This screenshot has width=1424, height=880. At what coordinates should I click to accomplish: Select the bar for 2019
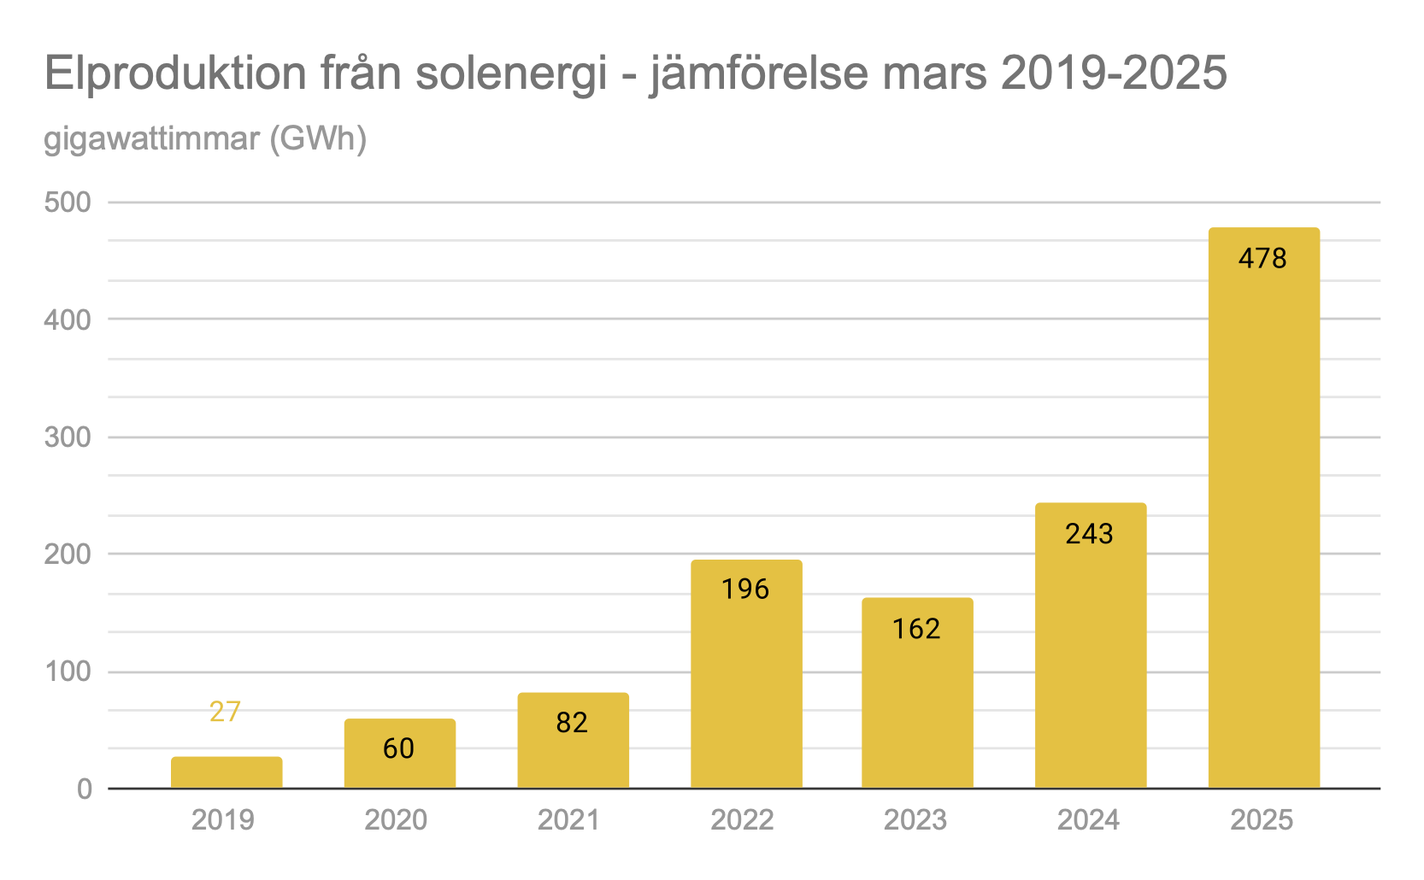click(x=227, y=772)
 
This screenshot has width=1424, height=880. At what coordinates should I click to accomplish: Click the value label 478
click(x=1262, y=258)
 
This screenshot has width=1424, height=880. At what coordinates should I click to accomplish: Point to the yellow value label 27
click(x=226, y=711)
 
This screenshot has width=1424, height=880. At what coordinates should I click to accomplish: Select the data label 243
click(x=1089, y=534)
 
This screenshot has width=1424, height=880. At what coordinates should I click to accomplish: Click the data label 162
click(x=916, y=629)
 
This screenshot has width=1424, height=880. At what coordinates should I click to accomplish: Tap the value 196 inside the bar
click(x=745, y=589)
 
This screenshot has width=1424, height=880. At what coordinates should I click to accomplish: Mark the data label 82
click(x=572, y=723)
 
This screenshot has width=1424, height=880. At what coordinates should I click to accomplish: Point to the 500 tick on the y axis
click(x=68, y=202)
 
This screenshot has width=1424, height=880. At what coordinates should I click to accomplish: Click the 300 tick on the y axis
click(x=68, y=437)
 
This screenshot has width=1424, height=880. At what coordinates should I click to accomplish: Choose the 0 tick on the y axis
click(x=84, y=789)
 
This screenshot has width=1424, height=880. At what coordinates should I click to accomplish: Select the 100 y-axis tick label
click(x=68, y=672)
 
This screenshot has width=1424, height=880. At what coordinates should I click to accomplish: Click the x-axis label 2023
click(x=915, y=820)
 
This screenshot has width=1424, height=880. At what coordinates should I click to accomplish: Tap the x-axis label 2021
click(x=568, y=820)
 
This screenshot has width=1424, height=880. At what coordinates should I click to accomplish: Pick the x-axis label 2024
click(x=1088, y=820)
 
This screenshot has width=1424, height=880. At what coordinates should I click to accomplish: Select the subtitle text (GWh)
click(x=318, y=138)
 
